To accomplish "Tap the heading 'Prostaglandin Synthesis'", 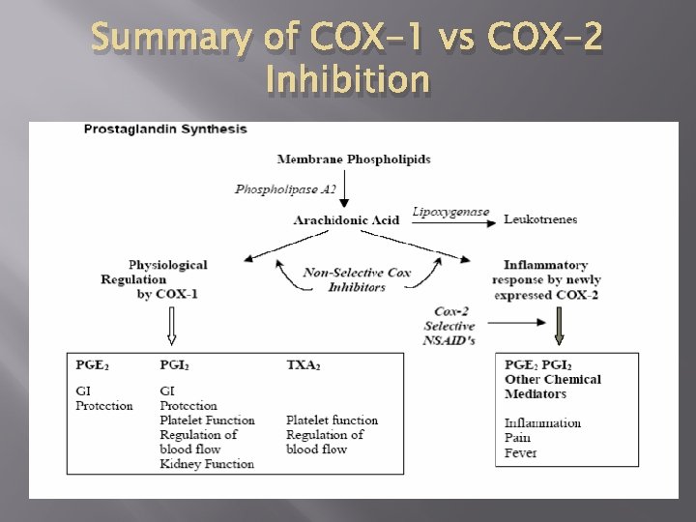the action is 165,129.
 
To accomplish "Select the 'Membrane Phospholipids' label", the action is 354,159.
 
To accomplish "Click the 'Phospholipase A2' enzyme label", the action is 285,188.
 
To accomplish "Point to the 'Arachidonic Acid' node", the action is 346,220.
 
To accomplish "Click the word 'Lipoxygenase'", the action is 450,212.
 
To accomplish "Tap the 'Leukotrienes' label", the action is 540,219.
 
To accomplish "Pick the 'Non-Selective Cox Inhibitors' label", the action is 357,279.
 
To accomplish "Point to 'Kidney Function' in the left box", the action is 207,464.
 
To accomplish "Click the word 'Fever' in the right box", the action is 520,452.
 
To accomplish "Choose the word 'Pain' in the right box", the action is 518,438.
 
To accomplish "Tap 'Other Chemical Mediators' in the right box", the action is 552,387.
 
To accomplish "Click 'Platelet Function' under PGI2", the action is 207,420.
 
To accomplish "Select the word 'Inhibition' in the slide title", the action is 347,80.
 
